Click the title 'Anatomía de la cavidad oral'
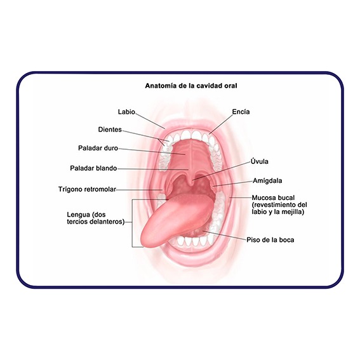pyautogui.click(x=191, y=86)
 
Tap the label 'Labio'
pyautogui.click(x=126, y=112)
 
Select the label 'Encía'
pyautogui.click(x=241, y=112)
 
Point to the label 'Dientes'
pyautogui.click(x=110, y=130)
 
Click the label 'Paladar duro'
pyautogui.click(x=98, y=148)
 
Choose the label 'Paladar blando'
pyautogui.click(x=93, y=168)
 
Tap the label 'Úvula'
pyautogui.click(x=260, y=161)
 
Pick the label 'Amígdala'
pyautogui.click(x=267, y=181)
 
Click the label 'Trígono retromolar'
pyautogui.click(x=87, y=189)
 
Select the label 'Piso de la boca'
pyautogui.click(x=270, y=240)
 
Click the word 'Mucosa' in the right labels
pyautogui.click(x=263, y=197)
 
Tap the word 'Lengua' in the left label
pyautogui.click(x=78, y=215)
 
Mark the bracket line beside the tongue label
pyautogui.click(x=132, y=223)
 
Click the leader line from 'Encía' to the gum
pyautogui.click(x=220, y=124)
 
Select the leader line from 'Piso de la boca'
pyautogui.click(x=224, y=236)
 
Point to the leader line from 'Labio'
pyautogui.click(x=150, y=121)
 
